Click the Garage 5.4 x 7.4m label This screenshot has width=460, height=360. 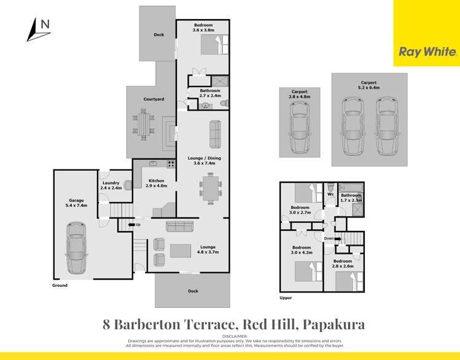click(76, 202)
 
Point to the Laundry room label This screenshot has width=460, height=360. click(111, 185)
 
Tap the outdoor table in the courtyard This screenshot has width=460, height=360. click(143, 125)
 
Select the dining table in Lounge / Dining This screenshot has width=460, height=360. click(210, 187)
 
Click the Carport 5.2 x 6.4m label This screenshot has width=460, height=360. click(368, 84)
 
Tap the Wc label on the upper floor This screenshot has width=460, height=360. click(330, 195)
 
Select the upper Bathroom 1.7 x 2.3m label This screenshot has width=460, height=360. click(351, 197)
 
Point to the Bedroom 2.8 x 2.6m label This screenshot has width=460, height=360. click(343, 264)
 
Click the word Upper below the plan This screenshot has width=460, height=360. click(285, 298)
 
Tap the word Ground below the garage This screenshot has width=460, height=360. click(60, 285)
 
